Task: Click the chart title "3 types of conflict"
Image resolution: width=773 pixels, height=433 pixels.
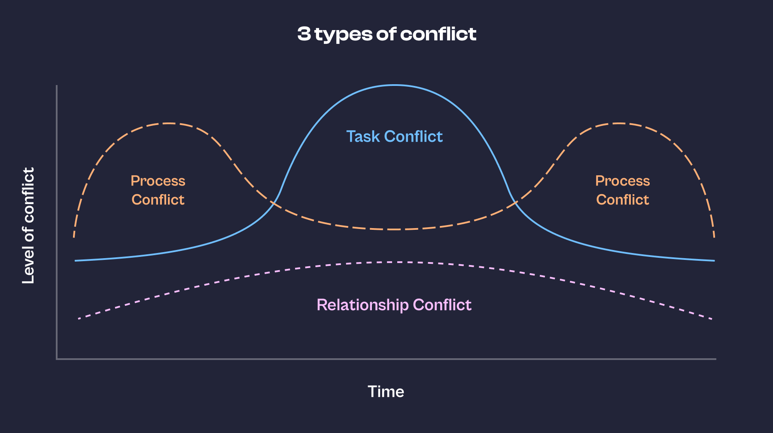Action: pyautogui.click(x=386, y=34)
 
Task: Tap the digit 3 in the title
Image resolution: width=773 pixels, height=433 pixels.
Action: pyautogui.click(x=304, y=34)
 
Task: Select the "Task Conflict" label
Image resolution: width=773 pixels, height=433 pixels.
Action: pyautogui.click(x=394, y=137)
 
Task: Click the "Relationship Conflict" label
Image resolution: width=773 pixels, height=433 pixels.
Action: pyautogui.click(x=394, y=305)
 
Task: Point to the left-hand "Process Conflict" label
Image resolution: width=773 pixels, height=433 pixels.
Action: pyautogui.click(x=158, y=190)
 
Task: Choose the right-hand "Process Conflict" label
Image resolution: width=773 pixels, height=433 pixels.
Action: pyautogui.click(x=622, y=190)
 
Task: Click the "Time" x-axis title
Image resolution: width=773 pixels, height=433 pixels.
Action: pyautogui.click(x=386, y=392)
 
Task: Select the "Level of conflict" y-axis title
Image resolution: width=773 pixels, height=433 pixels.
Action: pyautogui.click(x=28, y=226)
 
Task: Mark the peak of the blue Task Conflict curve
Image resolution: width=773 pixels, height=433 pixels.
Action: pyautogui.click(x=394, y=85)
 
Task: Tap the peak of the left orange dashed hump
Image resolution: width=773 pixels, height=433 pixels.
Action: pyautogui.click(x=168, y=123)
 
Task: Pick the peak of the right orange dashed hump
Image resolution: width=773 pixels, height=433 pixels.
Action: pyautogui.click(x=619, y=123)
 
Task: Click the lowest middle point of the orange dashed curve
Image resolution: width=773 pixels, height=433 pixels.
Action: pyautogui.click(x=394, y=229)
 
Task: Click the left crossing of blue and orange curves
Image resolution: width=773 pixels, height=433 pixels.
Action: pyautogui.click(x=274, y=202)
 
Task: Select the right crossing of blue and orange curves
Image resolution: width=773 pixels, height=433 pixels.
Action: pyautogui.click(x=514, y=203)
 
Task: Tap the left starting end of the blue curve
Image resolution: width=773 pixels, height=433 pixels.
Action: pyautogui.click(x=76, y=261)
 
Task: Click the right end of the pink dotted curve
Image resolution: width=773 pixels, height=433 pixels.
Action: pyautogui.click(x=712, y=319)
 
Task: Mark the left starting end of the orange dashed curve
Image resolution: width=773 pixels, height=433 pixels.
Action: pyautogui.click(x=74, y=237)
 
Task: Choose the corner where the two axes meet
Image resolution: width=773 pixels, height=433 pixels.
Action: pyautogui.click(x=57, y=359)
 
